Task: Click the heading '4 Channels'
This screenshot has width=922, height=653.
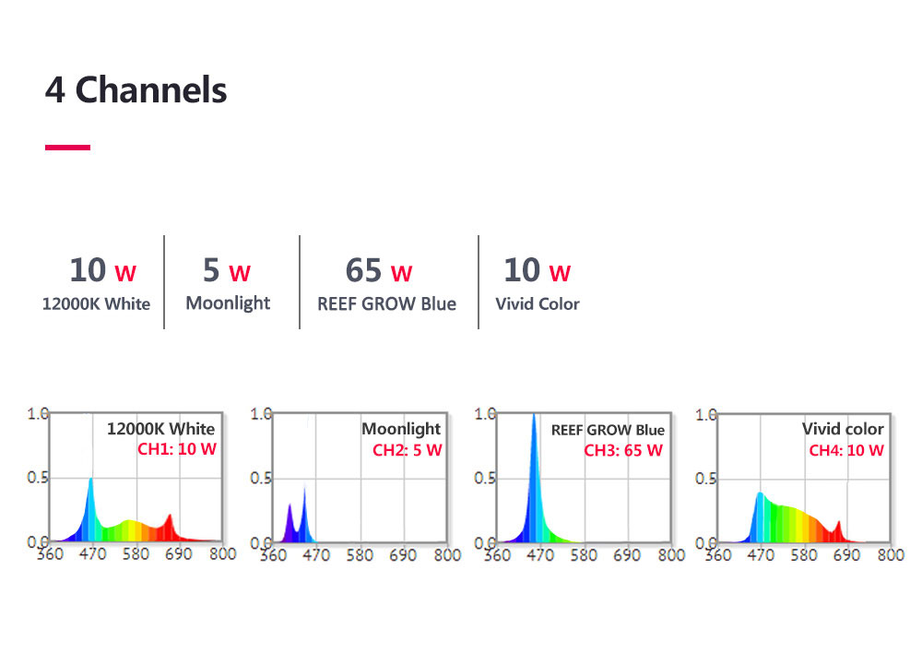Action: (x=136, y=90)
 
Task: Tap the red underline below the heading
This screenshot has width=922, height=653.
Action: (x=67, y=147)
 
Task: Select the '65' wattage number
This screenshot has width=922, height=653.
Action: (x=363, y=270)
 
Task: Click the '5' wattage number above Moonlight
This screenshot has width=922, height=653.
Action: (x=211, y=270)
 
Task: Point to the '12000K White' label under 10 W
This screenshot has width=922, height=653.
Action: (x=96, y=303)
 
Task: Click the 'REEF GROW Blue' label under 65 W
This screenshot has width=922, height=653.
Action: (x=386, y=303)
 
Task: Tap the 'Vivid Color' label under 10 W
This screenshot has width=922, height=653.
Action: (x=538, y=303)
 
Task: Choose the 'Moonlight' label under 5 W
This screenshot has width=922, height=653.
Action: (x=228, y=303)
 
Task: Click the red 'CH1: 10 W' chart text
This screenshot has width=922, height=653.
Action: (x=176, y=450)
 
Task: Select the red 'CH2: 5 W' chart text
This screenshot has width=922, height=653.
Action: (x=407, y=450)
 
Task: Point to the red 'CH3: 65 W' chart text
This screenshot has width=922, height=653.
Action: (x=623, y=450)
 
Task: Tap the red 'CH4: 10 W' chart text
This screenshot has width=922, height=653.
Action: (x=846, y=450)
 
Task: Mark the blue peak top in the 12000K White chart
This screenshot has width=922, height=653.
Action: (x=90, y=480)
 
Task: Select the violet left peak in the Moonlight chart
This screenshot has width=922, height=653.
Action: (x=290, y=505)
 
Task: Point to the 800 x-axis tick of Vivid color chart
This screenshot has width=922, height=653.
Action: (x=891, y=555)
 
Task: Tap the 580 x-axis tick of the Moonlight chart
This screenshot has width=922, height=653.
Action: (x=360, y=555)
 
